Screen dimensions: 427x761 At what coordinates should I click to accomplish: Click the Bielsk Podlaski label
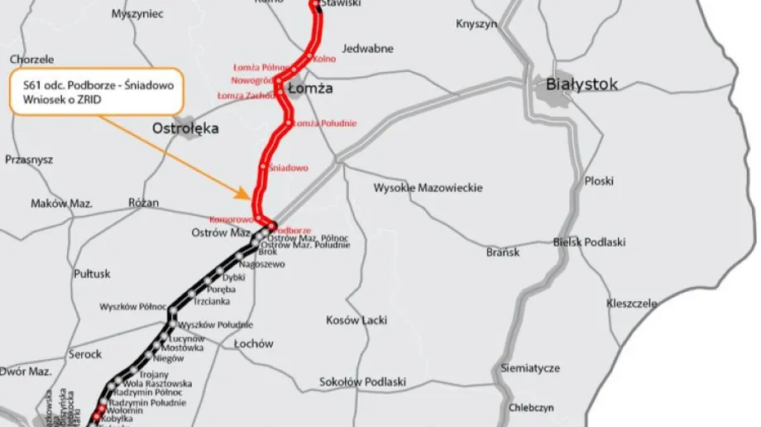coord(589,242)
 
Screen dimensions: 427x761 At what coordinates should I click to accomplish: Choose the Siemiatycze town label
coord(530,367)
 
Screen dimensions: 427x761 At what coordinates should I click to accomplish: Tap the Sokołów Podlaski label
coord(362,381)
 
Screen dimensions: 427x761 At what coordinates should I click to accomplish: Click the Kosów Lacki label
coord(357,319)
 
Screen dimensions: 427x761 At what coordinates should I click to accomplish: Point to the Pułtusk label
coord(92,273)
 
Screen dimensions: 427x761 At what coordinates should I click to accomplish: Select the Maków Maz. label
coord(61,204)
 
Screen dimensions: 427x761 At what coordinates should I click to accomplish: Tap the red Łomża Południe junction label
coord(325,123)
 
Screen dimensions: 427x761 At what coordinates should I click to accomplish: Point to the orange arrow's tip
coord(251,198)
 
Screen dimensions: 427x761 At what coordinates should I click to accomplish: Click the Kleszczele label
coord(632,304)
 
